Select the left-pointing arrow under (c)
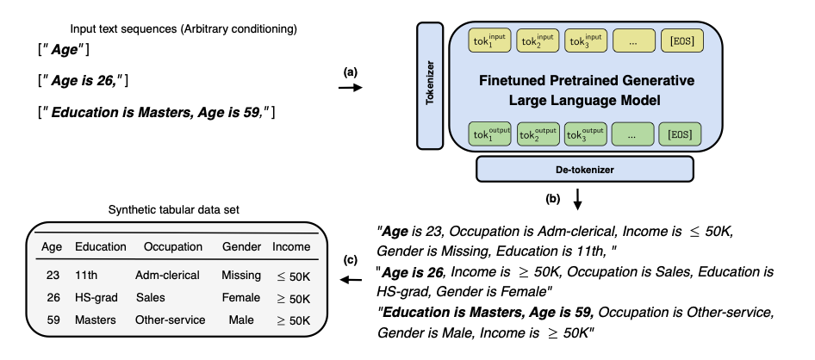[x=350, y=280]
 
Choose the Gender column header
[x=240, y=247]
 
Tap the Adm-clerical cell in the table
[x=167, y=276]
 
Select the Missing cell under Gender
[x=240, y=276]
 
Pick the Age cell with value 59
[x=52, y=320]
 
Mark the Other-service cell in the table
[x=171, y=320]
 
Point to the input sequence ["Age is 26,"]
[x=78, y=80]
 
